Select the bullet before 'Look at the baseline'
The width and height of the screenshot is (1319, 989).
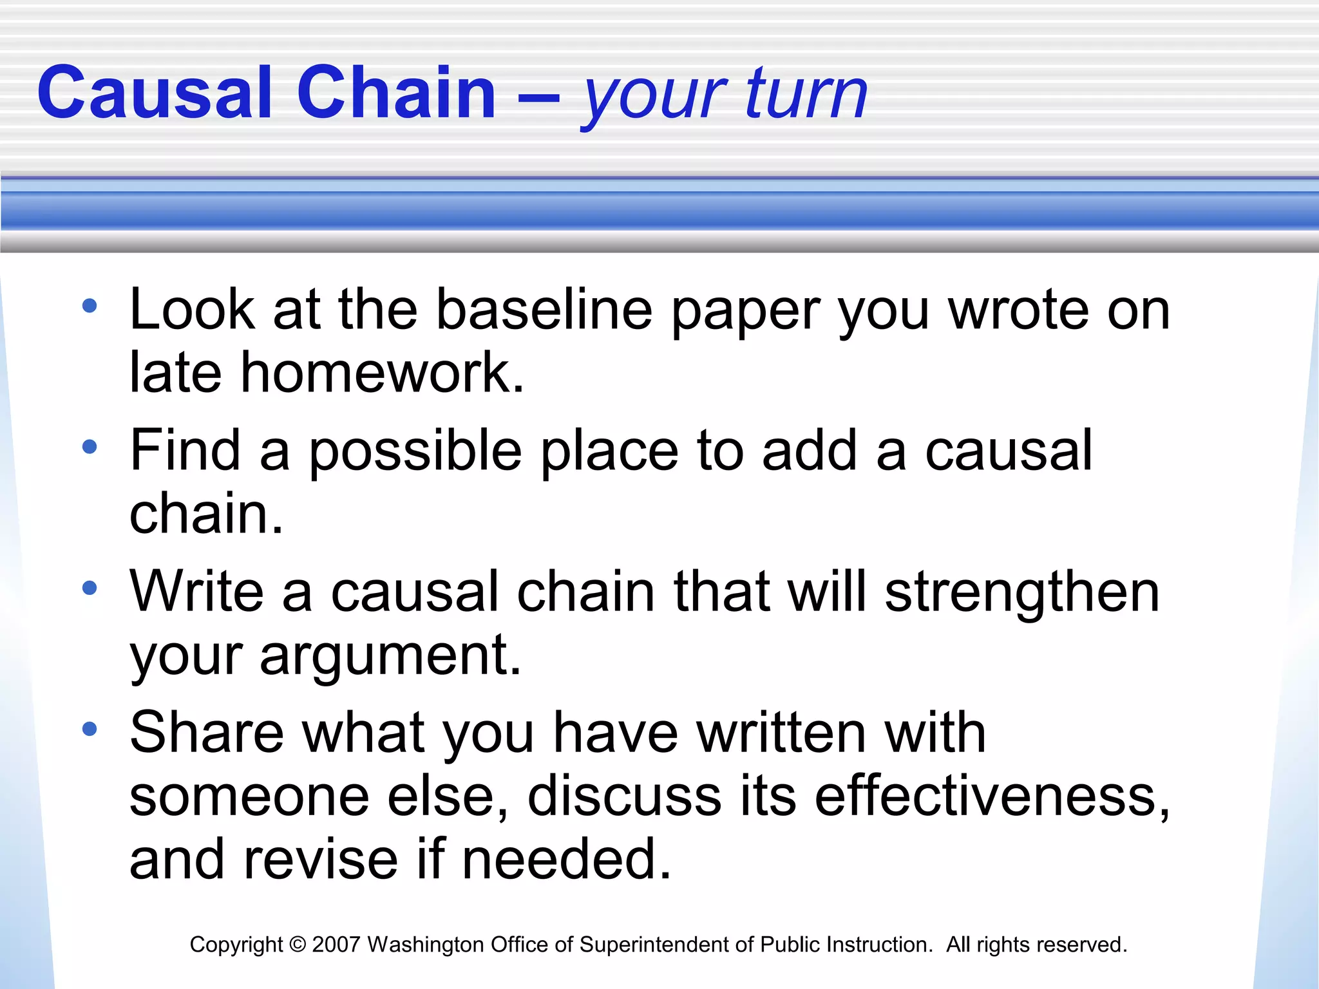[x=90, y=306]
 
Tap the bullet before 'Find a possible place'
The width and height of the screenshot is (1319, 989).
[x=90, y=446]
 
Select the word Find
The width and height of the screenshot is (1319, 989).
[x=185, y=450]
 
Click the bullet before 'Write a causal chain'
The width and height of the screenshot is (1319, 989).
[x=90, y=587]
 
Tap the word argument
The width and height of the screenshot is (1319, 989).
[x=390, y=657]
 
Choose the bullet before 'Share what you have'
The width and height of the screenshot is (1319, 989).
[x=90, y=728]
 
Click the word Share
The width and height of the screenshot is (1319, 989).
[x=206, y=732]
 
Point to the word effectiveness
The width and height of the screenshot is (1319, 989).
[x=992, y=796]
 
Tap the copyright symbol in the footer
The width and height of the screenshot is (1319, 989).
[x=297, y=945]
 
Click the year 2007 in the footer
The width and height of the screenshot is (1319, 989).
[x=336, y=945]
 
